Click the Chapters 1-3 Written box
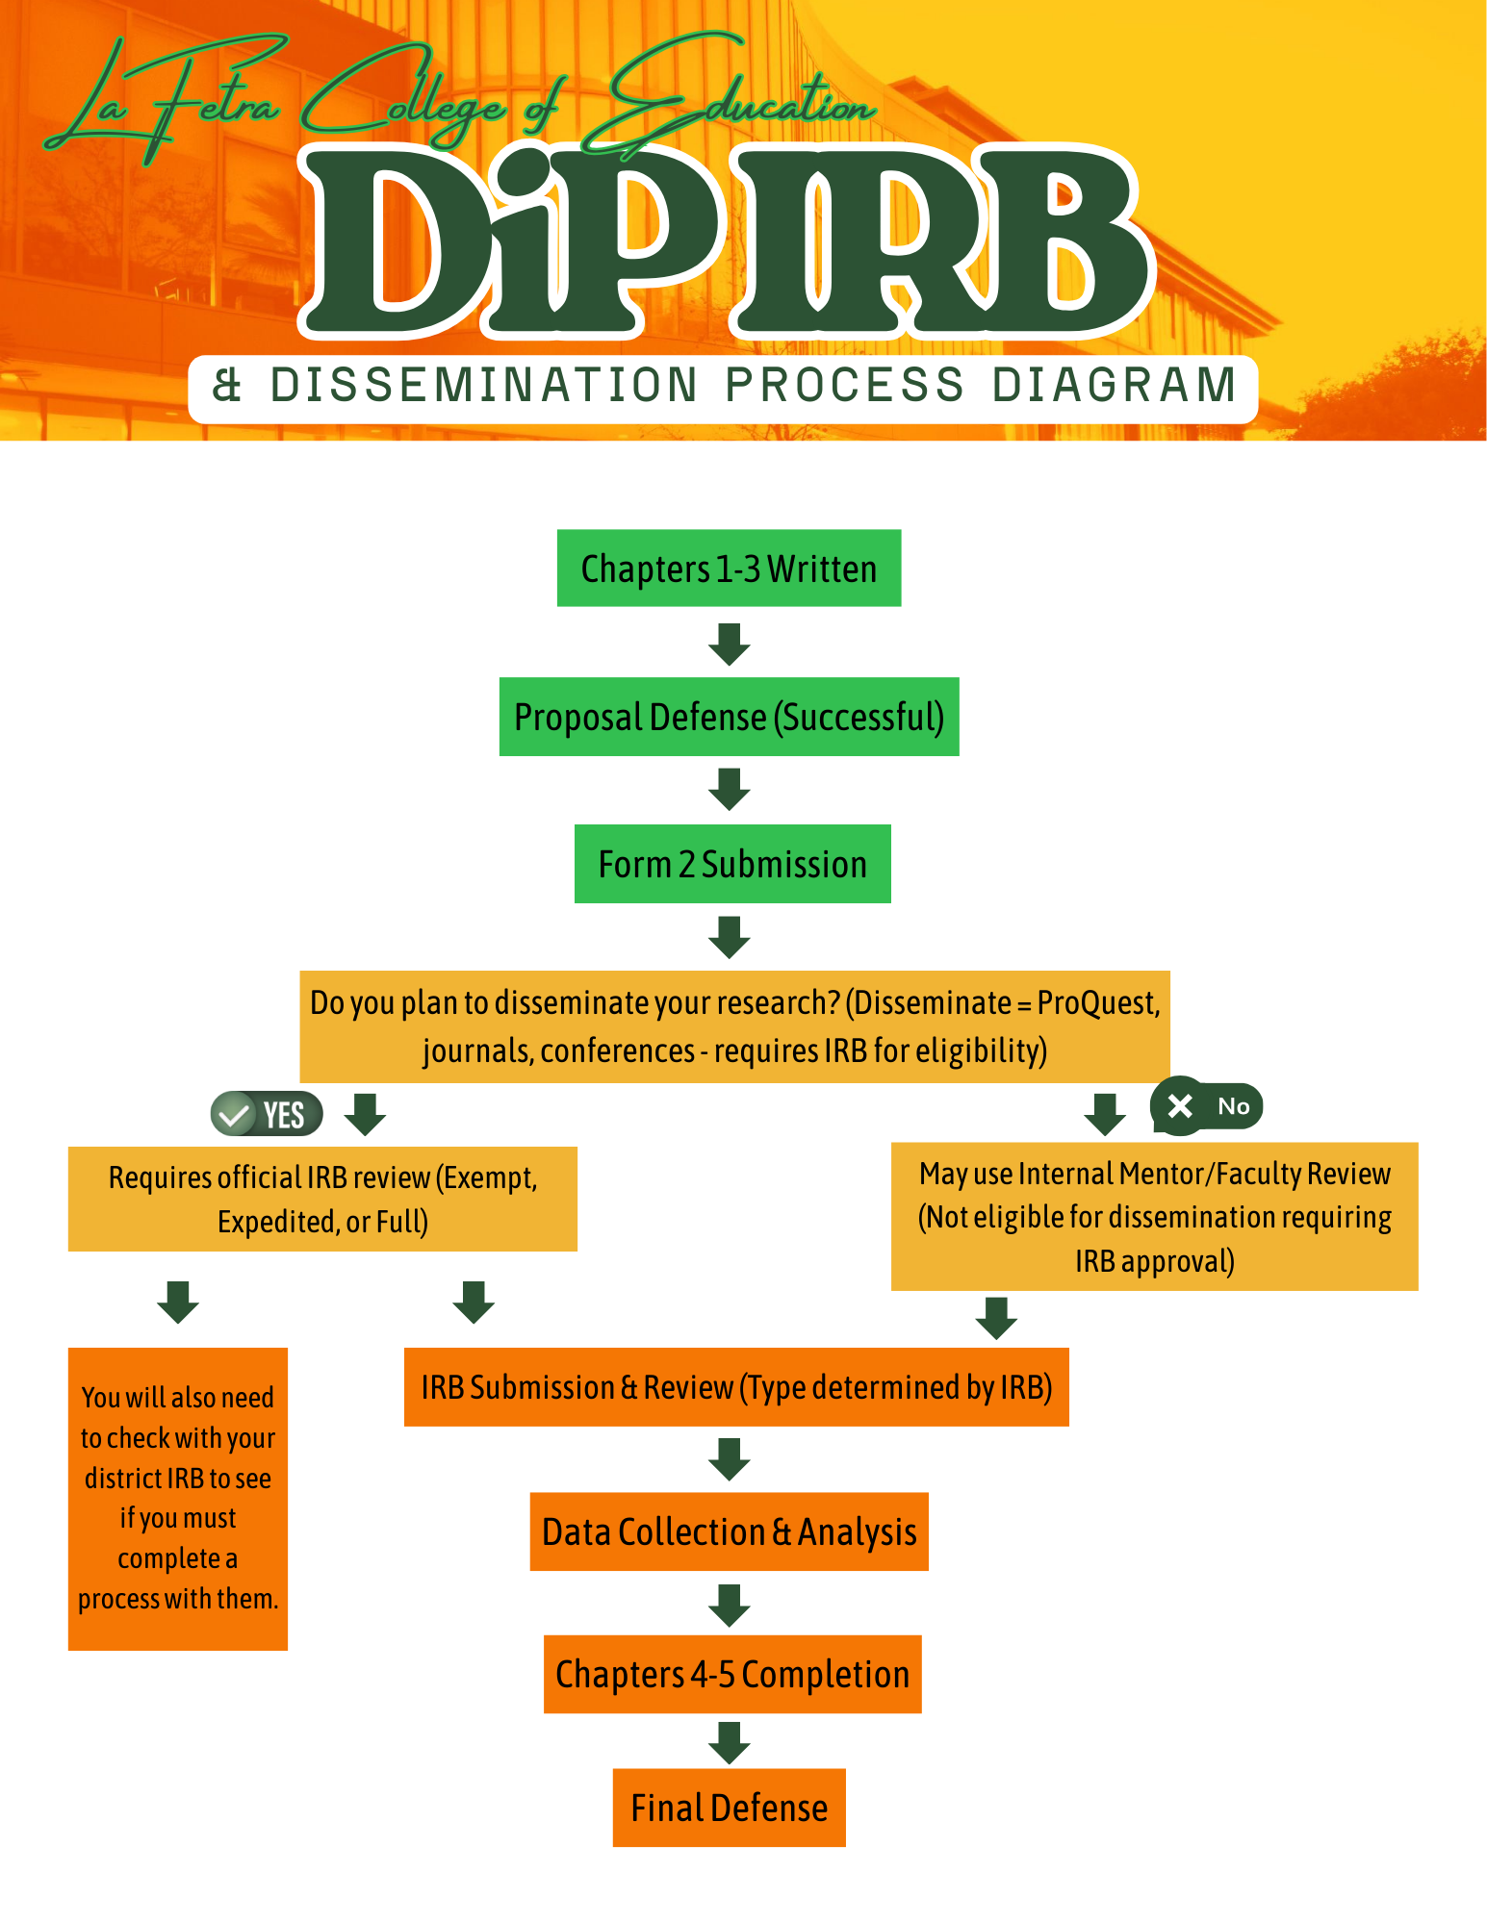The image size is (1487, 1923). [729, 568]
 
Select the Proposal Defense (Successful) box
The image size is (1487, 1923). [729, 717]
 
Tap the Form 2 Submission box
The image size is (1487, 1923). [732, 864]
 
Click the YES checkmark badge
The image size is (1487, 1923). [266, 1115]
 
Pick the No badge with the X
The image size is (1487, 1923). [1206, 1106]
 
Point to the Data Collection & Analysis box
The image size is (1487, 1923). [729, 1531]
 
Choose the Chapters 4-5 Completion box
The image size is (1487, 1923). [732, 1674]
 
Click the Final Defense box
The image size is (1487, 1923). [729, 1808]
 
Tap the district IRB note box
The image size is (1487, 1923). [178, 1498]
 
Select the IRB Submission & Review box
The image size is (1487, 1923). [736, 1387]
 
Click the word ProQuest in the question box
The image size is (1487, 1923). [1097, 1003]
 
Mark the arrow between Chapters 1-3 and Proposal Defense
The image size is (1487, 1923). [730, 644]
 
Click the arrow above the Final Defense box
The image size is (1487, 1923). [730, 1742]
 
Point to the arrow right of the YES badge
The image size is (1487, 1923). [366, 1114]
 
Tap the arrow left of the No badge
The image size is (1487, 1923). [1105, 1114]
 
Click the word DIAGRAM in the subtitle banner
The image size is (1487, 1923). [1115, 386]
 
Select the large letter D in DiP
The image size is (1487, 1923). [385, 240]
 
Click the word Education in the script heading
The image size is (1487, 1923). [741, 96]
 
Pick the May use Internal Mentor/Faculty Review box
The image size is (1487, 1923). [1154, 1217]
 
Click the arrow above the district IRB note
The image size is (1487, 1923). [178, 1302]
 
